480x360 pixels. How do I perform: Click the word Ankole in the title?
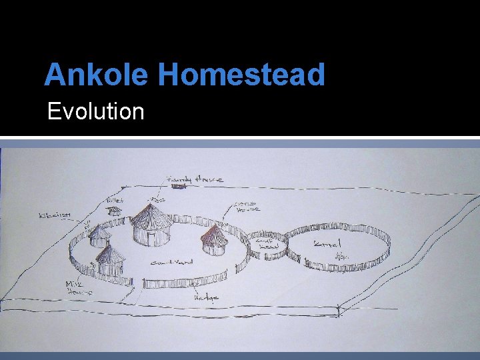coord(97,74)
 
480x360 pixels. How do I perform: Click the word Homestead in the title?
coord(241,74)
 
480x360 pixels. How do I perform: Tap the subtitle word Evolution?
coord(96,111)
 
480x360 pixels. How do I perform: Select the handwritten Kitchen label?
coord(55,216)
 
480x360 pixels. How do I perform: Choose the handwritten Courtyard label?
coord(171,263)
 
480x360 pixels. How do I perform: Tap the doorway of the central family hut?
coord(152,237)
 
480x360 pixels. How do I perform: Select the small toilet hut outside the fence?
coord(115,211)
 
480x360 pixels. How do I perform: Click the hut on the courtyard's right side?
coord(214,239)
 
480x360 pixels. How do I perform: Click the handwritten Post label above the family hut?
coord(157,199)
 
